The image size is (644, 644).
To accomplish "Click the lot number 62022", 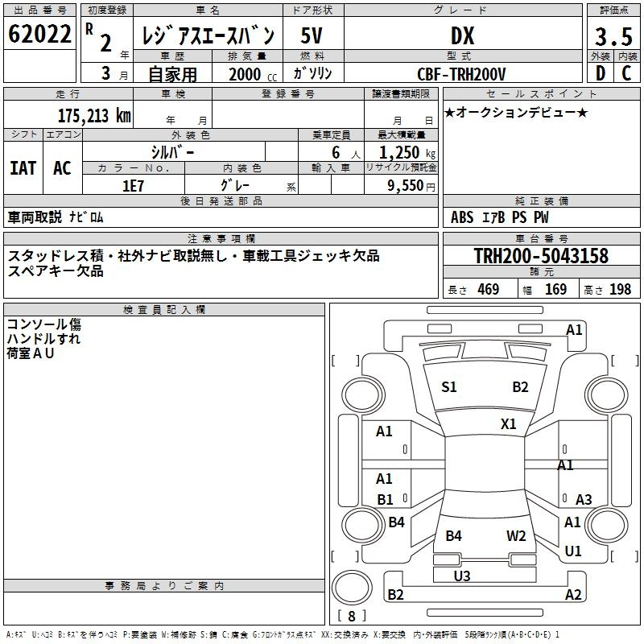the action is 39,34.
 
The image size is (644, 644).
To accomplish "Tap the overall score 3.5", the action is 613,36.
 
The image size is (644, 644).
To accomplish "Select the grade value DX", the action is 462,35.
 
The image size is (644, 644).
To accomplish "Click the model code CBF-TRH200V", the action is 461,74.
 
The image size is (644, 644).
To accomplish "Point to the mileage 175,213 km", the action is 94,116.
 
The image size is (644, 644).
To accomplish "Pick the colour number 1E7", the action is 133,186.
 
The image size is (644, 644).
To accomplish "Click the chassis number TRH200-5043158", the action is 541,256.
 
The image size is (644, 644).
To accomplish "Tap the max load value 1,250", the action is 398,153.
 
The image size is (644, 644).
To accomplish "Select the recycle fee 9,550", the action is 405,186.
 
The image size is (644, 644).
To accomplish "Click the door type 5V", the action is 312,35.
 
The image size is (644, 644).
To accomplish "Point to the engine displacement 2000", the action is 245,75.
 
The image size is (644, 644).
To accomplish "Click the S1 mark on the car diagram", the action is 448,387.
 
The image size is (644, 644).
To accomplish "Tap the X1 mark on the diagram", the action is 508,424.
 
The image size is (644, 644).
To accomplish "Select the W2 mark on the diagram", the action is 516,536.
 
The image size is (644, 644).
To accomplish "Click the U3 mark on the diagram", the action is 462,576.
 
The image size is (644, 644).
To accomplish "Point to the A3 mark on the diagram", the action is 584,500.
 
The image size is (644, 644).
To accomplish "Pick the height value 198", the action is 620,289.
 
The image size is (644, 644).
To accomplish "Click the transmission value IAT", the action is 23,168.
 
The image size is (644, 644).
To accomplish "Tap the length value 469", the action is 489,289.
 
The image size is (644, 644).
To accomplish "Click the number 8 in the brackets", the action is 351,616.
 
